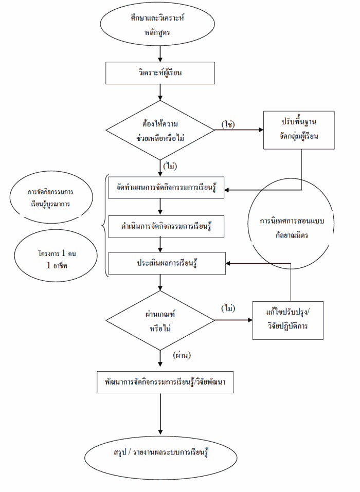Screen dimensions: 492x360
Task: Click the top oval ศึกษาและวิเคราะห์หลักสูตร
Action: tap(160, 24)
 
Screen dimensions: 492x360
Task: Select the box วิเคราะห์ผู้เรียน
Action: tap(160, 72)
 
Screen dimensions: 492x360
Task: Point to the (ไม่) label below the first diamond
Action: tap(171, 166)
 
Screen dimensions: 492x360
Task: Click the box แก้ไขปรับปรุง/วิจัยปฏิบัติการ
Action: tap(288, 320)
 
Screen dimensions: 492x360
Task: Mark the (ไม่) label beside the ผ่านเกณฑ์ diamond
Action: tap(228, 308)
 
